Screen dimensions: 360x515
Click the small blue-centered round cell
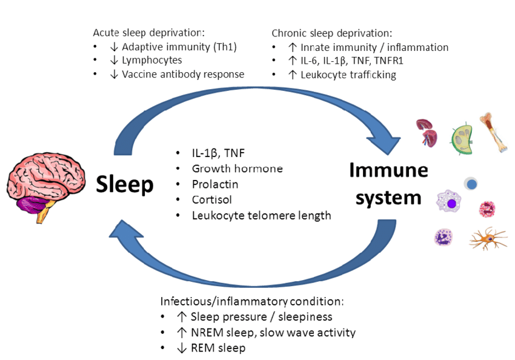pyautogui.click(x=471, y=184)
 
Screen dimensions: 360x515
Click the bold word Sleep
pyautogui.click(x=125, y=184)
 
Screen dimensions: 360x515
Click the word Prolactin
pyautogui.click(x=214, y=184)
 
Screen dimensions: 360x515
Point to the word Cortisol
pyautogui.click(x=211, y=199)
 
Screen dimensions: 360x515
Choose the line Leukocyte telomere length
pyautogui.click(x=261, y=215)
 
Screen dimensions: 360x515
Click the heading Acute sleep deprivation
pyautogui.click(x=149, y=33)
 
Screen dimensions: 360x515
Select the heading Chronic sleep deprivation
pyautogui.click(x=332, y=33)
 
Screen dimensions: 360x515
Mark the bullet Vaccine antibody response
pyautogui.click(x=183, y=75)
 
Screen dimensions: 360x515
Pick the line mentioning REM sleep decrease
pyautogui.click(x=218, y=347)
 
